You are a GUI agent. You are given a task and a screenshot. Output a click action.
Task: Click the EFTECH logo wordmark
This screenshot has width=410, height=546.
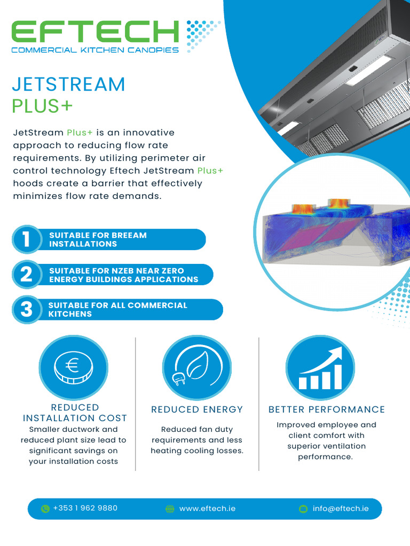tap(95, 31)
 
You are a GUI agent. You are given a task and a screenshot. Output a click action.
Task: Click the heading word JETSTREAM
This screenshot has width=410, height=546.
tap(68, 84)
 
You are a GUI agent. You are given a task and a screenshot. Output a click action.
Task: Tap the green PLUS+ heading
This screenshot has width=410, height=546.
tap(42, 106)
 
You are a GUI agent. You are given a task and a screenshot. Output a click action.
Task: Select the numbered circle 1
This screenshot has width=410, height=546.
tap(26, 239)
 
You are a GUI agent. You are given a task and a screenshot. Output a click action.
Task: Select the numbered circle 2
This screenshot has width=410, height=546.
tap(26, 275)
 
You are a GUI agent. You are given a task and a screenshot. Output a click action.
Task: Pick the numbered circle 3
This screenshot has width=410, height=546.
tap(26, 310)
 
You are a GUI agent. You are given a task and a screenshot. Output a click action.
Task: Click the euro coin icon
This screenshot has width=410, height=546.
tap(73, 368)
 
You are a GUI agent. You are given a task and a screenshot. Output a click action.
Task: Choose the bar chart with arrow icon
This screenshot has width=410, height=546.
tap(320, 368)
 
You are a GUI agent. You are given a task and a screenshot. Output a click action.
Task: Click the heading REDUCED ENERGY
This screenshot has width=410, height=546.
tap(197, 409)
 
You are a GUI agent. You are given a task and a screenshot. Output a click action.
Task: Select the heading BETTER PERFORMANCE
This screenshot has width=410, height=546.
tap(326, 409)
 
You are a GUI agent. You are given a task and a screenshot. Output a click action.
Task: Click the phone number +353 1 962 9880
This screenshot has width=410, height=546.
tap(85, 508)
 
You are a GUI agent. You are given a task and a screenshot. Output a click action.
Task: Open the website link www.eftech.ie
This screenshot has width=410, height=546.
tap(207, 509)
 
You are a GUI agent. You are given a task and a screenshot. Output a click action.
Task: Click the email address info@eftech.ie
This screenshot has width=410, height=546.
tap(341, 509)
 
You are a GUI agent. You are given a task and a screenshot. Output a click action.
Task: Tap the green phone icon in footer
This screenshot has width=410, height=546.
tap(45, 509)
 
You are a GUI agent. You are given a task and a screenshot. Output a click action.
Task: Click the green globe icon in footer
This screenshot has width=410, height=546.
tap(170, 509)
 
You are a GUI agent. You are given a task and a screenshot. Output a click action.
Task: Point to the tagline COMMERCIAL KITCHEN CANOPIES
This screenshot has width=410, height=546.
tap(95, 50)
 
